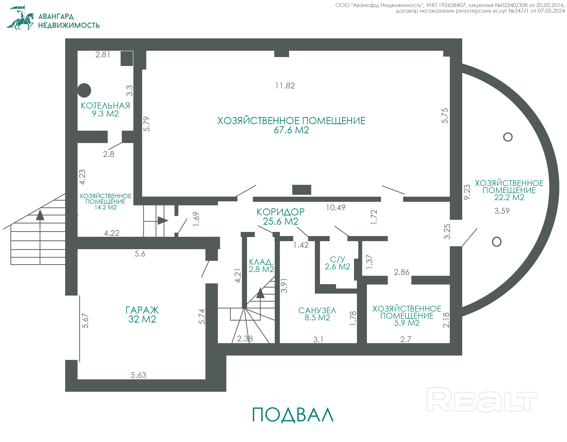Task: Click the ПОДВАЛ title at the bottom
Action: click(292, 415)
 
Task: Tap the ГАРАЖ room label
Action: click(142, 310)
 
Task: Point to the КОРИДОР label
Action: click(280, 212)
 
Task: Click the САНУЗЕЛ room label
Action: click(317, 310)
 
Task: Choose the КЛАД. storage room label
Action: click(261, 262)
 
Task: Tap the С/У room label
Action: click(337, 259)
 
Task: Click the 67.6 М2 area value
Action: click(291, 130)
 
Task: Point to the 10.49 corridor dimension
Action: click(336, 207)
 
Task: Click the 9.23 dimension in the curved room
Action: click(467, 192)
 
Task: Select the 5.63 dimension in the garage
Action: click(138, 375)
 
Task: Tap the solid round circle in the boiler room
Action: click(84, 90)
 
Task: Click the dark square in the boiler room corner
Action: click(127, 59)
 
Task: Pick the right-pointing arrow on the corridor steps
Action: click(163, 221)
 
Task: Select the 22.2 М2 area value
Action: click(509, 198)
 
